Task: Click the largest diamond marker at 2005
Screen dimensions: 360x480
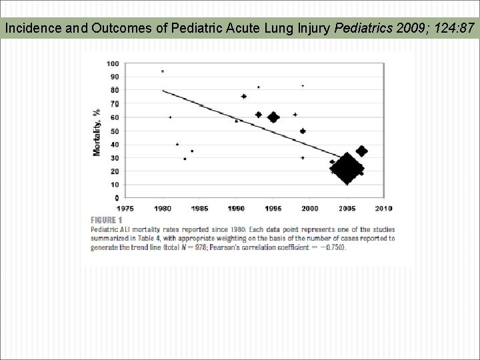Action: coord(347,169)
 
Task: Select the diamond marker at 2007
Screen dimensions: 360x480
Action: coord(361,151)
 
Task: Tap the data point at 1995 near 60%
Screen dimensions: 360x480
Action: coord(273,117)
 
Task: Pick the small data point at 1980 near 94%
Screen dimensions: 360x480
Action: coord(162,71)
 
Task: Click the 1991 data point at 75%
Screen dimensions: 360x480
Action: coord(243,96)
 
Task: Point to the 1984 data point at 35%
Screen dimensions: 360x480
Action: coord(192,151)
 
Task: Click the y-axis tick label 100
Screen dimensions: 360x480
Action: coord(113,64)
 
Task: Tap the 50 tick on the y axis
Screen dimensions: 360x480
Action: coord(115,131)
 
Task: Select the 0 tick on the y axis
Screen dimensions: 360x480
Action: coord(117,199)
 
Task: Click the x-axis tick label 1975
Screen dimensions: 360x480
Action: coord(126,208)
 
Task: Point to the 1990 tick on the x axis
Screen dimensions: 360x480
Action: coord(236,208)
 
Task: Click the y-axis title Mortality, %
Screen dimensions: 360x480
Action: coord(97,132)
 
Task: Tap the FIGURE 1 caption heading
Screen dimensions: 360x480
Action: coord(106,220)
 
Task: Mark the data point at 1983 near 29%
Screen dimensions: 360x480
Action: coord(185,159)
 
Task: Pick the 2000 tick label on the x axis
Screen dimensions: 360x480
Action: coord(309,208)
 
